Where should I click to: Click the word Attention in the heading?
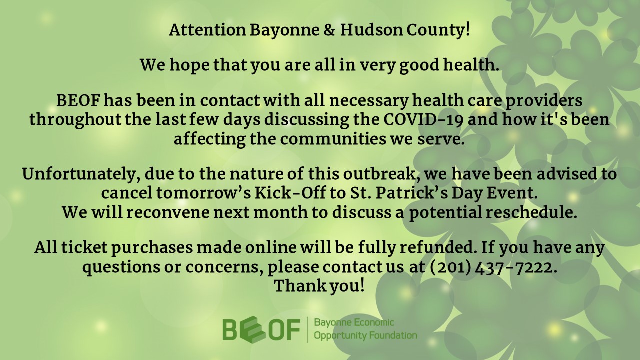(207, 30)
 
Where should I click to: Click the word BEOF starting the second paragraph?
(78, 100)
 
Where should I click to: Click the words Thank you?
(319, 286)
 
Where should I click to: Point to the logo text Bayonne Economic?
(354, 323)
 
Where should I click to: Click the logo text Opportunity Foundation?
(365, 335)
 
